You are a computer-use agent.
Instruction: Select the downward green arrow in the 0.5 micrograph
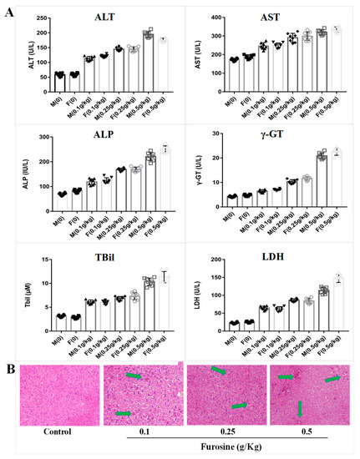coord(301,409)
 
